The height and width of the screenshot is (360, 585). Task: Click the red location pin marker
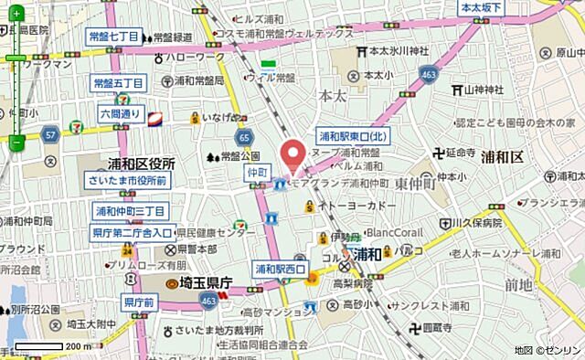pos(293,154)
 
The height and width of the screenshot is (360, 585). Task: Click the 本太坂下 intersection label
pos(482,8)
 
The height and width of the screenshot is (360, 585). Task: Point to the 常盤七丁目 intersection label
pos(114,37)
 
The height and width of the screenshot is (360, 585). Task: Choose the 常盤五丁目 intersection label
pos(119,83)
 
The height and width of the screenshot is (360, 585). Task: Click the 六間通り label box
pos(121,114)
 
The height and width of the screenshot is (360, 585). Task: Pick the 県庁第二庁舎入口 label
pos(133,233)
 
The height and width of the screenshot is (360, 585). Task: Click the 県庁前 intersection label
pos(139,302)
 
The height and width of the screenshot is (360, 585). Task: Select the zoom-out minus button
pos(16,142)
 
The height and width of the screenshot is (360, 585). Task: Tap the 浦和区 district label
pos(502,157)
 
